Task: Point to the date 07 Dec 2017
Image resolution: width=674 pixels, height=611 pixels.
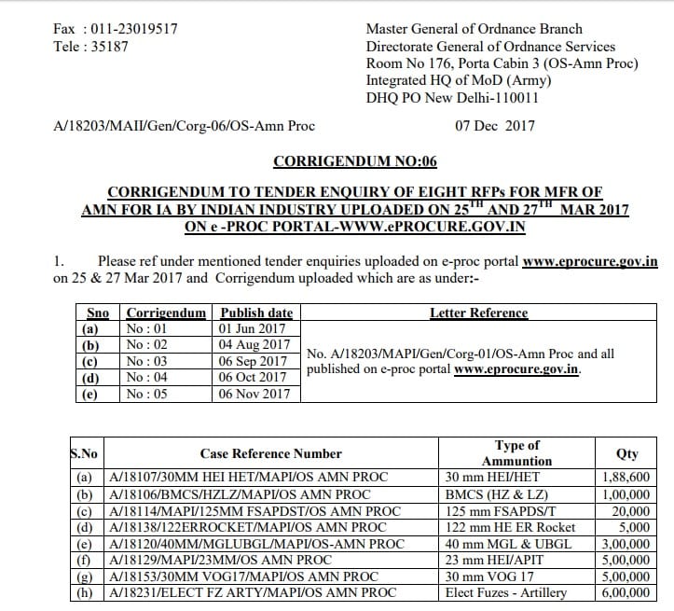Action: pyautogui.click(x=495, y=125)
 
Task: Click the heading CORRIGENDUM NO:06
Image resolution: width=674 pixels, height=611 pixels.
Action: pyautogui.click(x=354, y=161)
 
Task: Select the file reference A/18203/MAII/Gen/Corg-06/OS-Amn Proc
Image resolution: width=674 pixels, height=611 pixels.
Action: pyautogui.click(x=185, y=125)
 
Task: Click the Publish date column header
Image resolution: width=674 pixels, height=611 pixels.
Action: pyautogui.click(x=255, y=312)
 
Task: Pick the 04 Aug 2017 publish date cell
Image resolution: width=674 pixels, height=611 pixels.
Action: pyautogui.click(x=253, y=345)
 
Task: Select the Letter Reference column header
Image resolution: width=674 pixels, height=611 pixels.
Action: pyautogui.click(x=478, y=312)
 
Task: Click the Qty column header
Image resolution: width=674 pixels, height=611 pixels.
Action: pyautogui.click(x=627, y=453)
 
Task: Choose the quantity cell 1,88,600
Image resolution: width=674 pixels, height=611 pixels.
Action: pyautogui.click(x=627, y=478)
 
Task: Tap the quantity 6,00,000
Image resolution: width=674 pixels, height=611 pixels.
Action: pyautogui.click(x=627, y=593)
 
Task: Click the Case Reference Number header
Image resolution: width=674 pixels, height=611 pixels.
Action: pyautogui.click(x=270, y=453)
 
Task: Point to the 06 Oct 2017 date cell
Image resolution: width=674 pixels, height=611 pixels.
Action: pyautogui.click(x=253, y=377)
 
